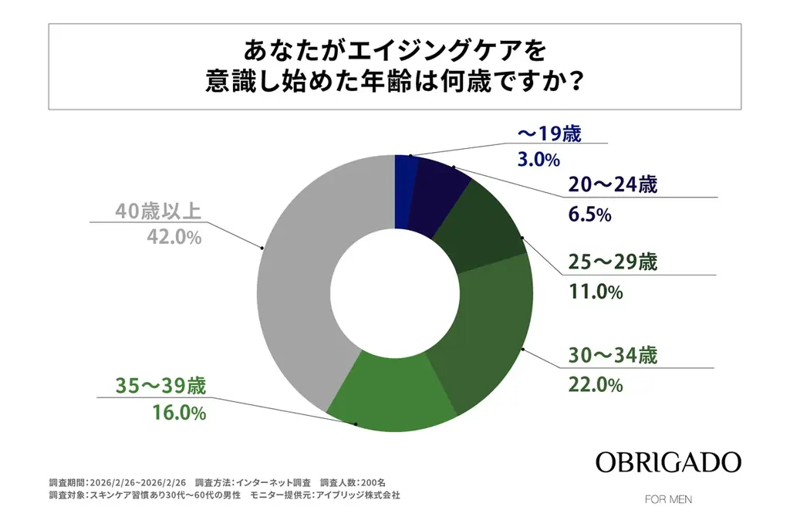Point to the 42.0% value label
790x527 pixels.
[174, 238]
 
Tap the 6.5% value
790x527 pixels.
[590, 215]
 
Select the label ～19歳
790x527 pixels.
[549, 132]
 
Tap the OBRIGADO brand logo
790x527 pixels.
[668, 462]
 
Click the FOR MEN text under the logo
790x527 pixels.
[668, 499]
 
